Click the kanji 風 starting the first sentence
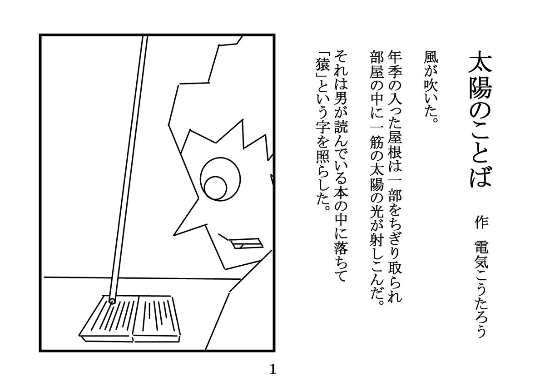click(431, 56)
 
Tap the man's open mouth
click(246, 244)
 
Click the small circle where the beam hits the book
click(111, 300)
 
